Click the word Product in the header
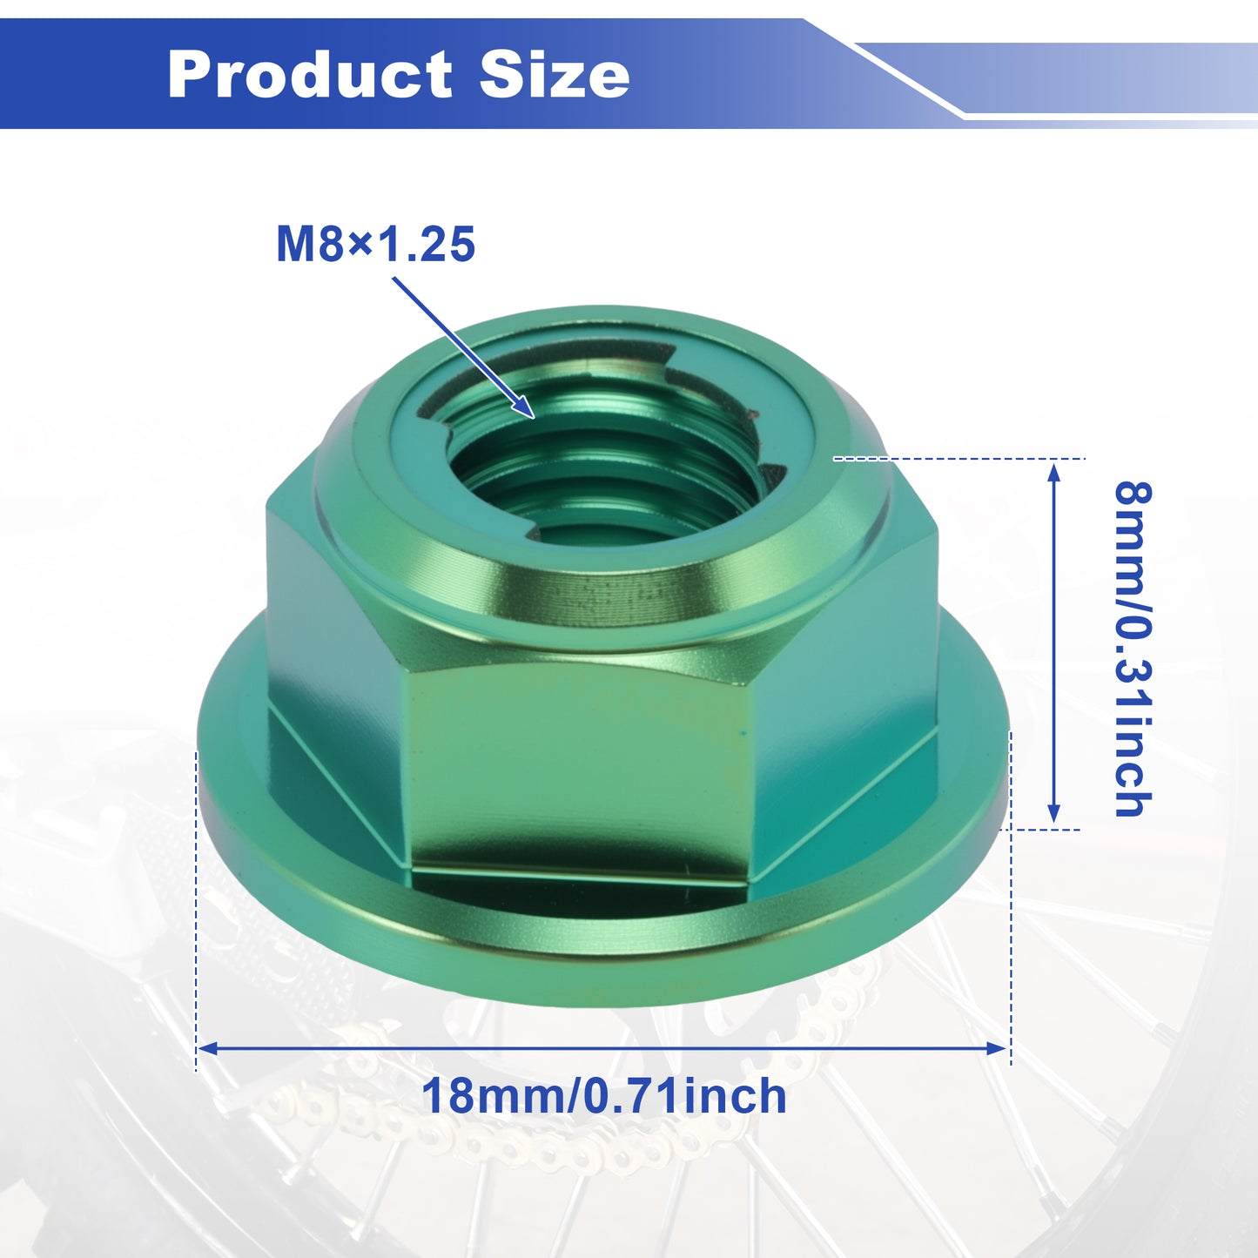[310, 75]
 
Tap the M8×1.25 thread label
[376, 245]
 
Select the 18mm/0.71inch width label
[604, 1096]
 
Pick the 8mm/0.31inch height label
[1133, 649]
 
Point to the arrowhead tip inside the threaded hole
[535, 417]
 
